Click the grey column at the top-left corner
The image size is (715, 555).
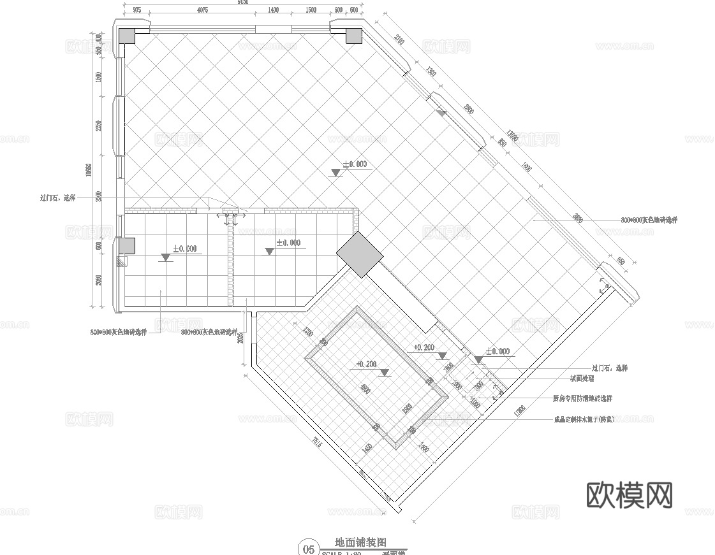[x=126, y=36]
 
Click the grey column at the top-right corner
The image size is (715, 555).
[x=353, y=36]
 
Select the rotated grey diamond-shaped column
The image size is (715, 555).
[x=360, y=254]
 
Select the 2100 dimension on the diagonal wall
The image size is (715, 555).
[x=399, y=41]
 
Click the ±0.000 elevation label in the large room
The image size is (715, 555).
[x=355, y=164]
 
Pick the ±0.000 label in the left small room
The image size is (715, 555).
[x=184, y=249]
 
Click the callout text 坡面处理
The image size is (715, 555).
[x=581, y=378]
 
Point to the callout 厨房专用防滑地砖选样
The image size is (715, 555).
[x=582, y=398]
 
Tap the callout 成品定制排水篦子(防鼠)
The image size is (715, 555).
[x=584, y=420]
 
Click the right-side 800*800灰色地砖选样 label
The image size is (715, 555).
[x=649, y=220]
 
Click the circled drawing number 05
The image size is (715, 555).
[x=309, y=549]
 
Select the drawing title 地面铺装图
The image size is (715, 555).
[x=362, y=543]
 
